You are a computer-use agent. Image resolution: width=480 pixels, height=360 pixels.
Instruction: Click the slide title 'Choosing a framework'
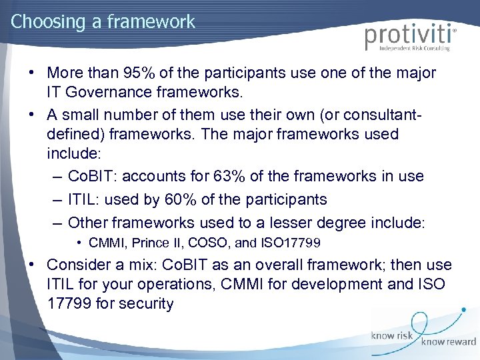coord(103,21)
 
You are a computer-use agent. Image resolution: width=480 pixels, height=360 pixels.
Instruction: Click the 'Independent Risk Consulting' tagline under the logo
coord(414,49)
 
